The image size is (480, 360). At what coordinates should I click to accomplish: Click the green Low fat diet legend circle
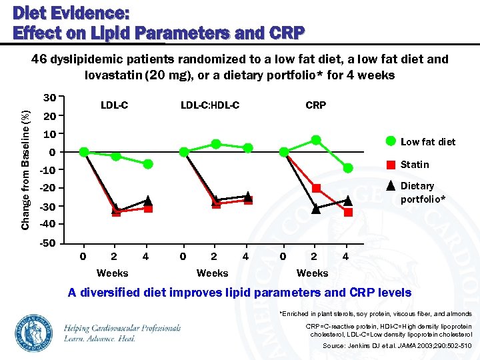pyautogui.click(x=391, y=141)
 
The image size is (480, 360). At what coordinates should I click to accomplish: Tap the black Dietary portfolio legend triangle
pyautogui.click(x=391, y=186)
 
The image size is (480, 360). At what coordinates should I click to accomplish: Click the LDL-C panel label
pyautogui.click(x=114, y=105)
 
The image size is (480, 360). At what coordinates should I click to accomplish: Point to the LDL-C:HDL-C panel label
pyautogui.click(x=210, y=105)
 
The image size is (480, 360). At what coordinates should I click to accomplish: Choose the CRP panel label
pyautogui.click(x=315, y=105)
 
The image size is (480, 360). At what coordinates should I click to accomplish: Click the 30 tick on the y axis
pyautogui.click(x=48, y=97)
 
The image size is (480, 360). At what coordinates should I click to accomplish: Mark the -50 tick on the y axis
pyautogui.click(x=47, y=242)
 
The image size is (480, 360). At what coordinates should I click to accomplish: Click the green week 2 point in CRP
pyautogui.click(x=316, y=140)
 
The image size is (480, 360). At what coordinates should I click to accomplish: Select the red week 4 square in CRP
pyautogui.click(x=348, y=212)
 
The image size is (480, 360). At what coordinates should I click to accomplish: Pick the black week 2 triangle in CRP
pyautogui.click(x=316, y=209)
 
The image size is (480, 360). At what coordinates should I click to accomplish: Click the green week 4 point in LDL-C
pyautogui.click(x=148, y=164)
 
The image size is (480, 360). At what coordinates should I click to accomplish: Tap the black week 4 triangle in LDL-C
pyautogui.click(x=148, y=200)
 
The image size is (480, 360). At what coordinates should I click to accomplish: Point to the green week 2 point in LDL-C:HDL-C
pyautogui.click(x=216, y=143)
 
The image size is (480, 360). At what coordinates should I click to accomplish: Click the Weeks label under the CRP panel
pyautogui.click(x=312, y=273)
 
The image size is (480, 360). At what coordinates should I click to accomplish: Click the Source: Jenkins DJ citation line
pyautogui.click(x=397, y=346)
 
